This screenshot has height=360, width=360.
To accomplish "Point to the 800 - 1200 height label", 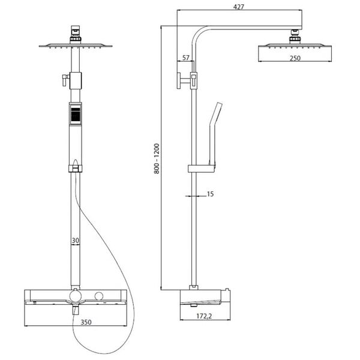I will point(157,158).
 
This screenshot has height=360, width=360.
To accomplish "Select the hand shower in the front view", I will point(74,113).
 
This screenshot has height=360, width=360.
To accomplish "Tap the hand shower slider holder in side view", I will point(200,167).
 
